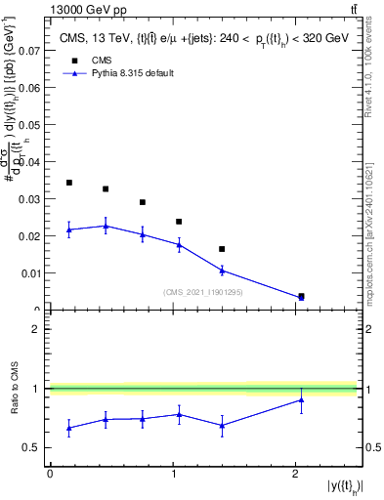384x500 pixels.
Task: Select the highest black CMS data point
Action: click(69, 183)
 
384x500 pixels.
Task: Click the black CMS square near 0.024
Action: click(179, 222)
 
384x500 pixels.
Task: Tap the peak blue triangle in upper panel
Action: click(106, 226)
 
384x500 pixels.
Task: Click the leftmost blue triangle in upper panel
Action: click(69, 229)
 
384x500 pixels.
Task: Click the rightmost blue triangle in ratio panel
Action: click(301, 399)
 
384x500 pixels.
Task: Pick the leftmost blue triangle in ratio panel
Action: click(69, 428)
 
